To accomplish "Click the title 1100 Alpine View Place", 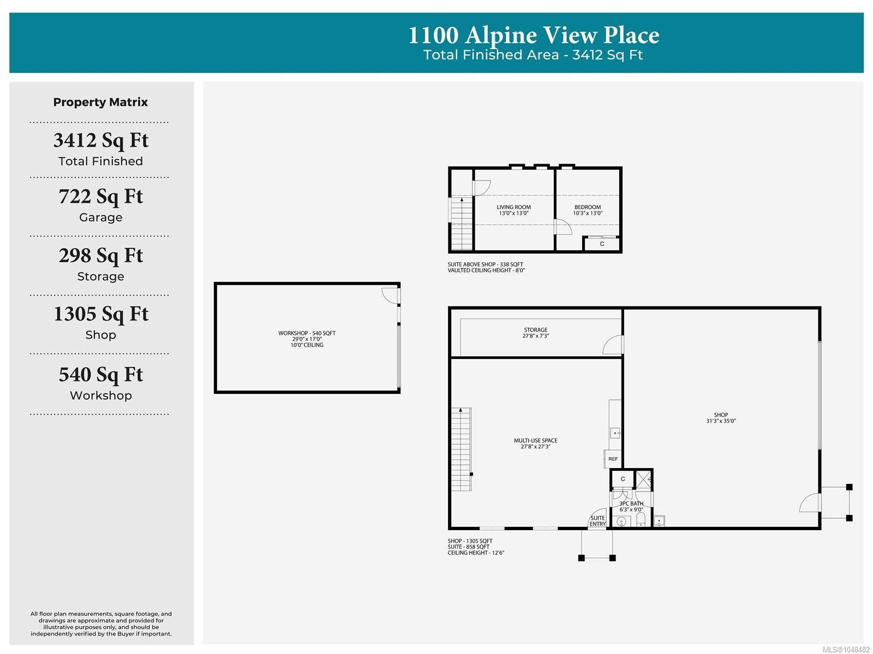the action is coord(533,35).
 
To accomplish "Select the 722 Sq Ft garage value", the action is coord(100,196).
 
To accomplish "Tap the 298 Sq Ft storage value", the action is coord(100,255).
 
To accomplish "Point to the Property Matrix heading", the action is coord(100,102).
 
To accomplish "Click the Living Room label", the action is coord(513,207).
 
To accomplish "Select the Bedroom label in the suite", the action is coord(588,207).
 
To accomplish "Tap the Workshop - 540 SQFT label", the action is coord(307,333).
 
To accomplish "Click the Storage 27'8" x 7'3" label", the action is coord(535,333).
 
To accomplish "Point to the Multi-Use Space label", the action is coord(535,441).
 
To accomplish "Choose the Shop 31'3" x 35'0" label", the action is coord(721,418).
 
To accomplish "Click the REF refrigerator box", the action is coord(613,459).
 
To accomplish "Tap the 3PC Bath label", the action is coord(631,503).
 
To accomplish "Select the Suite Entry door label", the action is coord(597,521).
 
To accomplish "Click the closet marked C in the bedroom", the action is coord(602,244).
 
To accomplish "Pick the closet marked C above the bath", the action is coord(623,479).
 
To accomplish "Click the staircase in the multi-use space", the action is coord(461,449).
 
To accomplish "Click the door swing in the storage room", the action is coord(612,345).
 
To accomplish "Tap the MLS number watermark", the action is coord(846,650).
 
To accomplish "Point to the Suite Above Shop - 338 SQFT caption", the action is coord(485,265).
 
